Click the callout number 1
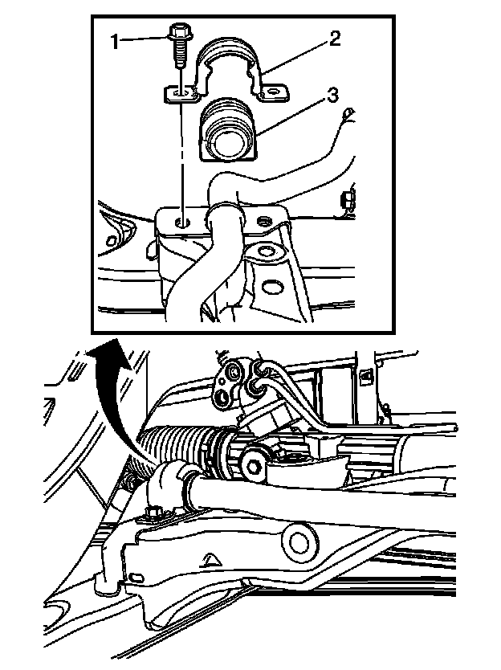point(115,42)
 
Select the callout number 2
point(335,39)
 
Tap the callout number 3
point(332,96)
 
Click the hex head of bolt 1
point(177,33)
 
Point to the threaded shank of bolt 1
point(180,55)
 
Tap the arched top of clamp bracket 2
point(229,47)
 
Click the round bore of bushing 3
point(225,145)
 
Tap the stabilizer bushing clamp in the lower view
point(168,487)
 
